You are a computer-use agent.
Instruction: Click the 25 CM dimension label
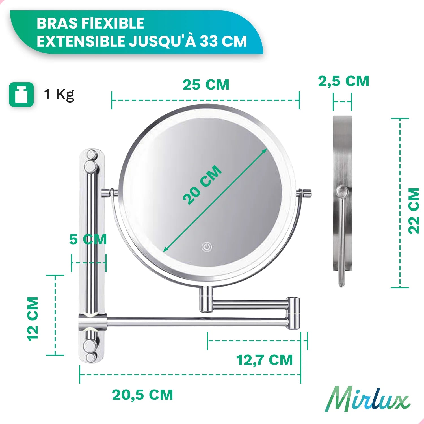click(206, 85)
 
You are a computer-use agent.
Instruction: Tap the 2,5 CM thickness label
click(344, 81)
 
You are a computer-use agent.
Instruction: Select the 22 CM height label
click(414, 211)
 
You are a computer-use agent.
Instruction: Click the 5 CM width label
click(88, 239)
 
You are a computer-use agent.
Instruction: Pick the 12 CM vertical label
click(33, 319)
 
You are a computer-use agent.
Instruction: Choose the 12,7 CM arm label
click(265, 360)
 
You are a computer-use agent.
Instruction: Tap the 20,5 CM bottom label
click(142, 395)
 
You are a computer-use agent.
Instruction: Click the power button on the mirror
click(207, 247)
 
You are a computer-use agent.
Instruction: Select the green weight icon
click(21, 95)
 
